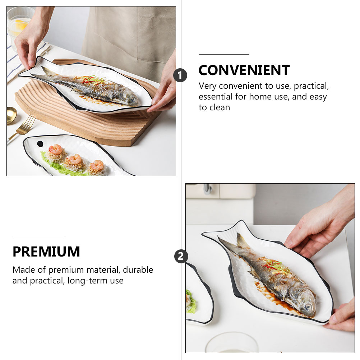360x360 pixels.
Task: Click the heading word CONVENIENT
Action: (244, 70)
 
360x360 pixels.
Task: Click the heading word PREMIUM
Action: (46, 252)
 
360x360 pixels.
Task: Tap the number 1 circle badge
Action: (180, 75)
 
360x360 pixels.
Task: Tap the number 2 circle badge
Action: (181, 257)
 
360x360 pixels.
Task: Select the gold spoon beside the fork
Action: (11, 115)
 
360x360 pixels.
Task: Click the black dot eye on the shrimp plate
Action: (40, 144)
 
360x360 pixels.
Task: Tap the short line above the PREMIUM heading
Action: (39, 236)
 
